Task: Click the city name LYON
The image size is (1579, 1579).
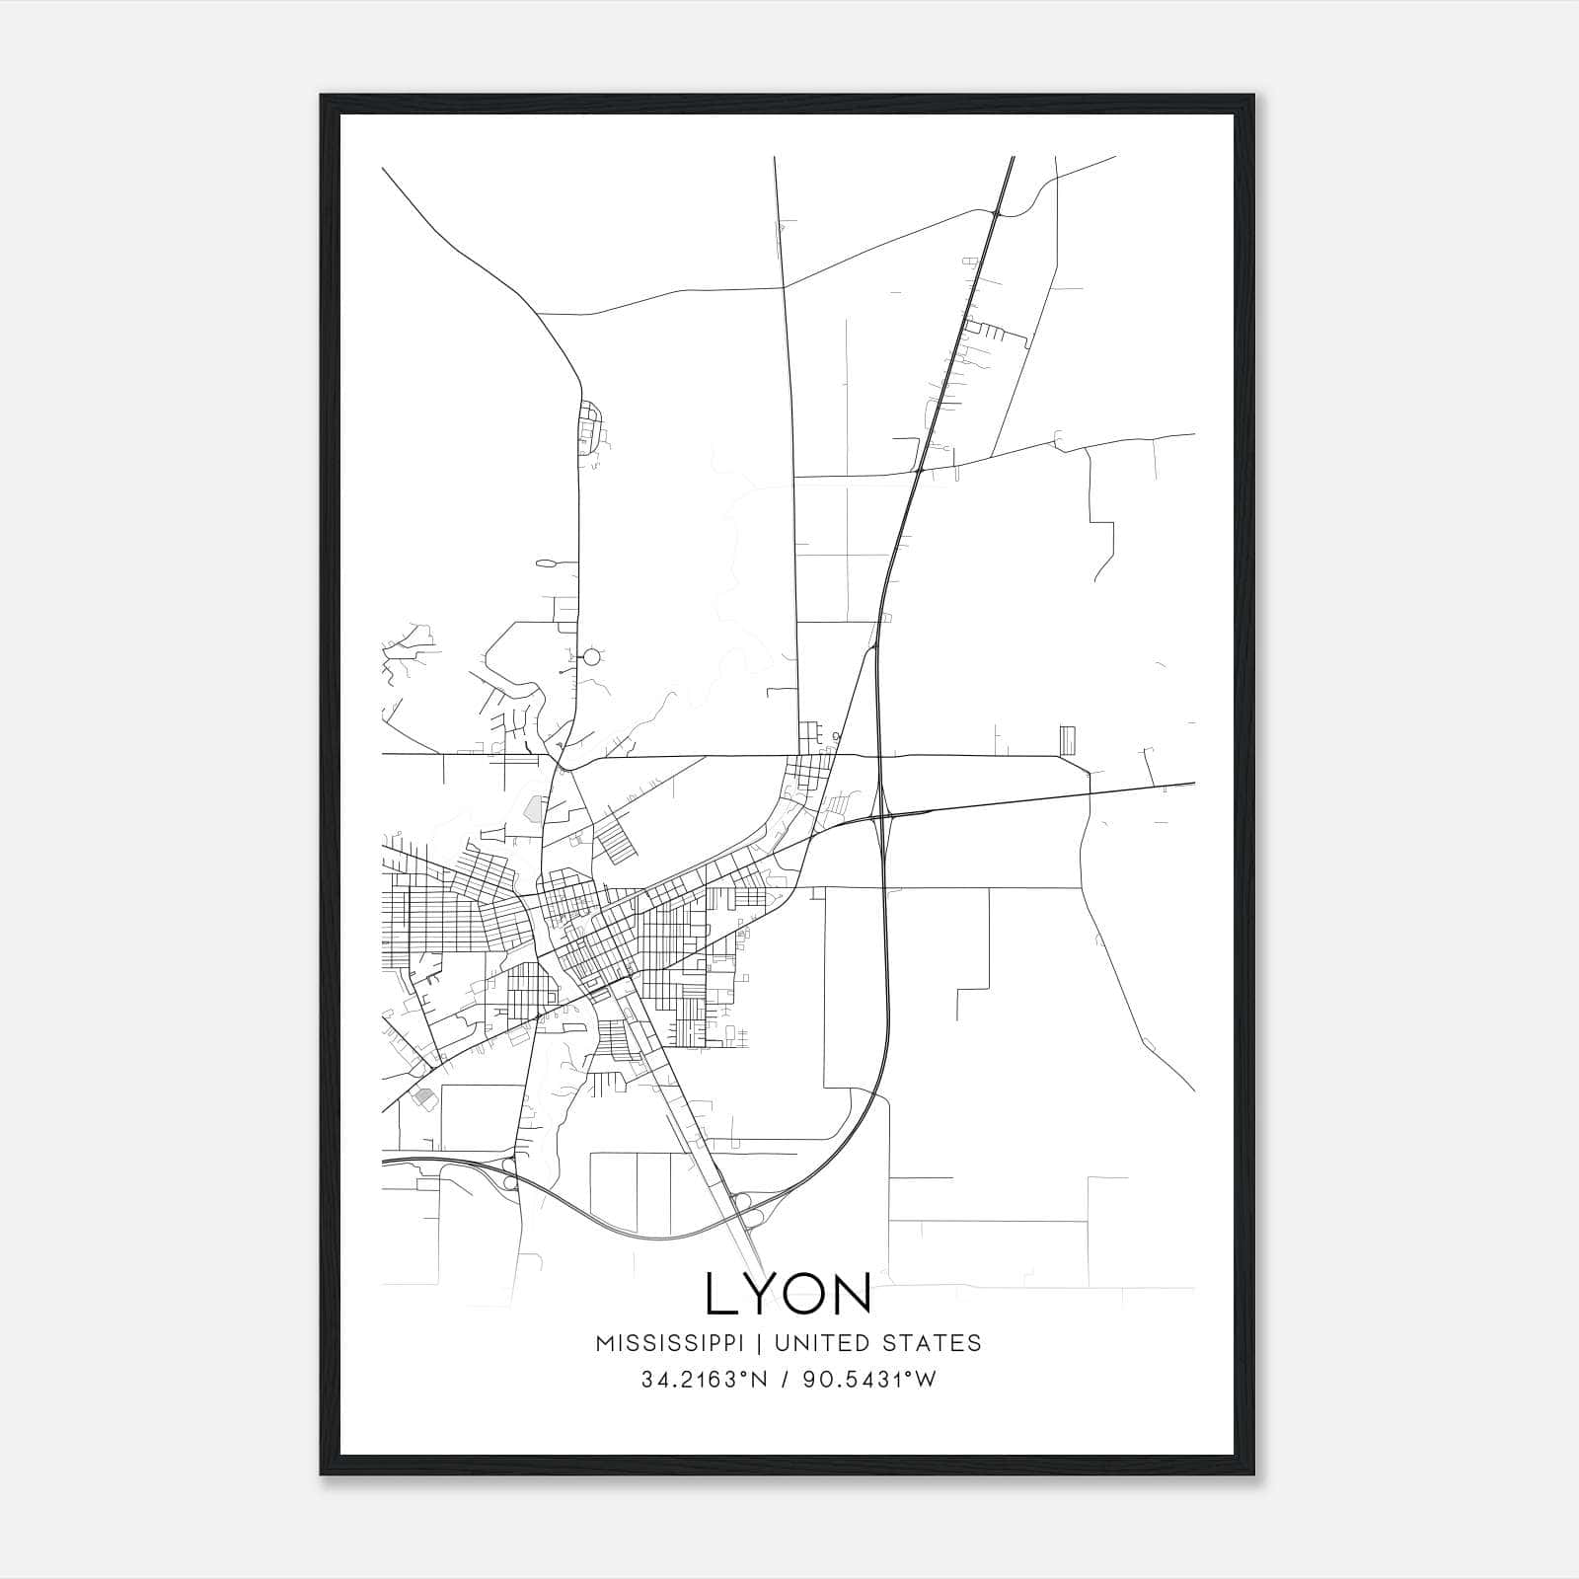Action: (789, 1294)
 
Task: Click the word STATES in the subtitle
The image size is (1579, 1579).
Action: (931, 1343)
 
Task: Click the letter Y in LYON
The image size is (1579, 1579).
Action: (757, 1294)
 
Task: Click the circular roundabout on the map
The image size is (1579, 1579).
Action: (592, 655)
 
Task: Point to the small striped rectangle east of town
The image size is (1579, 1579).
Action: (1068, 739)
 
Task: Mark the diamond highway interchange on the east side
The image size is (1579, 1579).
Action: (882, 815)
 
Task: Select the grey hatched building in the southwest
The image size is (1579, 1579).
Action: (424, 1095)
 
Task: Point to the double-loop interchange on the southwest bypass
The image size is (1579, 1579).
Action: (510, 1174)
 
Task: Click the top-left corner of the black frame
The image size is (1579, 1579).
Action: (322, 96)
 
